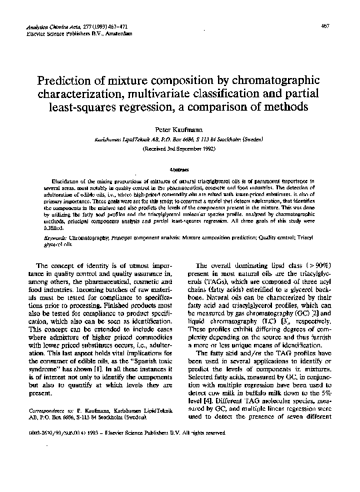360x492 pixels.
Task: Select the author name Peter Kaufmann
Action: [x=180, y=127]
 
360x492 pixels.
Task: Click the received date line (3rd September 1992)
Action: [x=180, y=149]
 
